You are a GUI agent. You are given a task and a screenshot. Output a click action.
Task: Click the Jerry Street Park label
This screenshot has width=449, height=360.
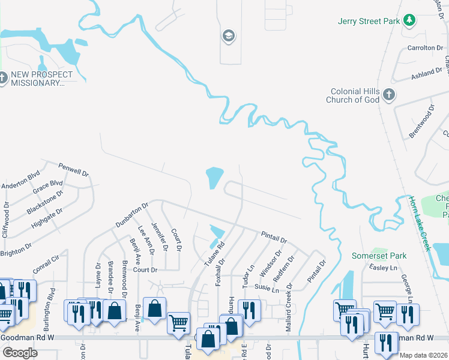[369, 21]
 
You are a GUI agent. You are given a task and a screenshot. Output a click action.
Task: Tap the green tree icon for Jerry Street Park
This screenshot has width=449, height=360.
[409, 21]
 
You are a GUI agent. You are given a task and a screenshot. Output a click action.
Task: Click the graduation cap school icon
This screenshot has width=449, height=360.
[228, 36]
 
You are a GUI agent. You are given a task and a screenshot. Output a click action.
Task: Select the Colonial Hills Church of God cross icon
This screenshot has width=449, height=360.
[389, 95]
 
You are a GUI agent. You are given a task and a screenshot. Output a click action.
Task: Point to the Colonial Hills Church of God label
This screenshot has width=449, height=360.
[353, 95]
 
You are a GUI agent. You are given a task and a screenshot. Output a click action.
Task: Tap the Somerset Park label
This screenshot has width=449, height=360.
[379, 256]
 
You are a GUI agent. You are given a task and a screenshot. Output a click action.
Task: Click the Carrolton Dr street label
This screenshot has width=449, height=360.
[424, 47]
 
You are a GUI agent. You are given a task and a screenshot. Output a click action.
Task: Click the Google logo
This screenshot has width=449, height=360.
[20, 352]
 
